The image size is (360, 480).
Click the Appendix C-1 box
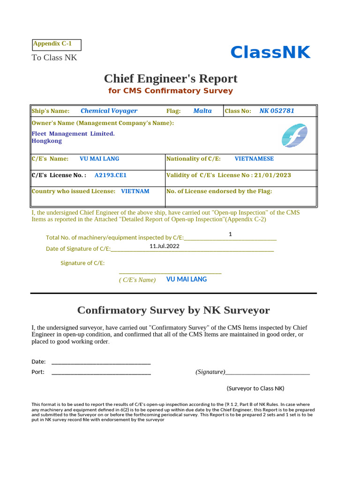pos(57,45)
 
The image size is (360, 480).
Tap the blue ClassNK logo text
pos(270,53)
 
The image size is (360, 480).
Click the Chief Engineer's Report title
pos(171,78)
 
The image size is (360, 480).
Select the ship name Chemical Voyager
pos(109,111)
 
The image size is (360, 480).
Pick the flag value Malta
pos(202,111)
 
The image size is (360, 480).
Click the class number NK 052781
pos(277,111)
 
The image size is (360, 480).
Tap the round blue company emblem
pos(294,135)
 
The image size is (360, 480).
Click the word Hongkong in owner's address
pos(46,141)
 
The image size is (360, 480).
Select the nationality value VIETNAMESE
pos(254,159)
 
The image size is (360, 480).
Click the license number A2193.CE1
pos(111,175)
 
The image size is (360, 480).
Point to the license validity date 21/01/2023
pos(272,175)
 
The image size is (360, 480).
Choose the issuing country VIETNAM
pos(135,191)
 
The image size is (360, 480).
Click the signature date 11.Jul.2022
pos(165,246)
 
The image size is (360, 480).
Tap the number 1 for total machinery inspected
pos(231,234)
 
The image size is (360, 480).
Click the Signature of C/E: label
pos(82,263)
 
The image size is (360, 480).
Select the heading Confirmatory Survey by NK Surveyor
pos(173,310)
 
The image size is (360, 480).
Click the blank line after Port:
pos(101,373)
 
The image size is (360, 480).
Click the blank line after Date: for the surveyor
pos(101,362)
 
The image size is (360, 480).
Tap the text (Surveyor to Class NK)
pos(255,389)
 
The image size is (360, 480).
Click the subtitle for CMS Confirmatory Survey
pos(171,91)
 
